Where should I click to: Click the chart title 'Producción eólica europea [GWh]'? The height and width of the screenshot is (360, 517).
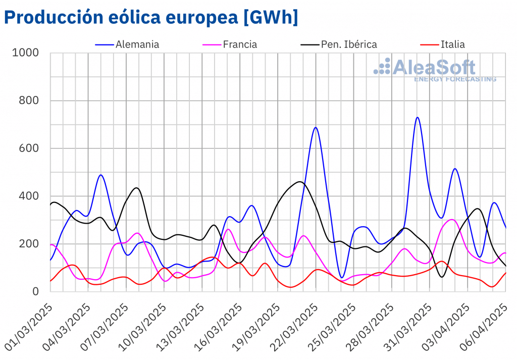pyautogui.click(x=151, y=17)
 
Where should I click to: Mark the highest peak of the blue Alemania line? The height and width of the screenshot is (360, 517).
pyautogui.click(x=418, y=118)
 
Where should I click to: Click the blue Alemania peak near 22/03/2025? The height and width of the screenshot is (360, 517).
pyautogui.click(x=316, y=127)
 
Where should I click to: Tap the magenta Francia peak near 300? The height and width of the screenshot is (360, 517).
pyautogui.click(x=452, y=220)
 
